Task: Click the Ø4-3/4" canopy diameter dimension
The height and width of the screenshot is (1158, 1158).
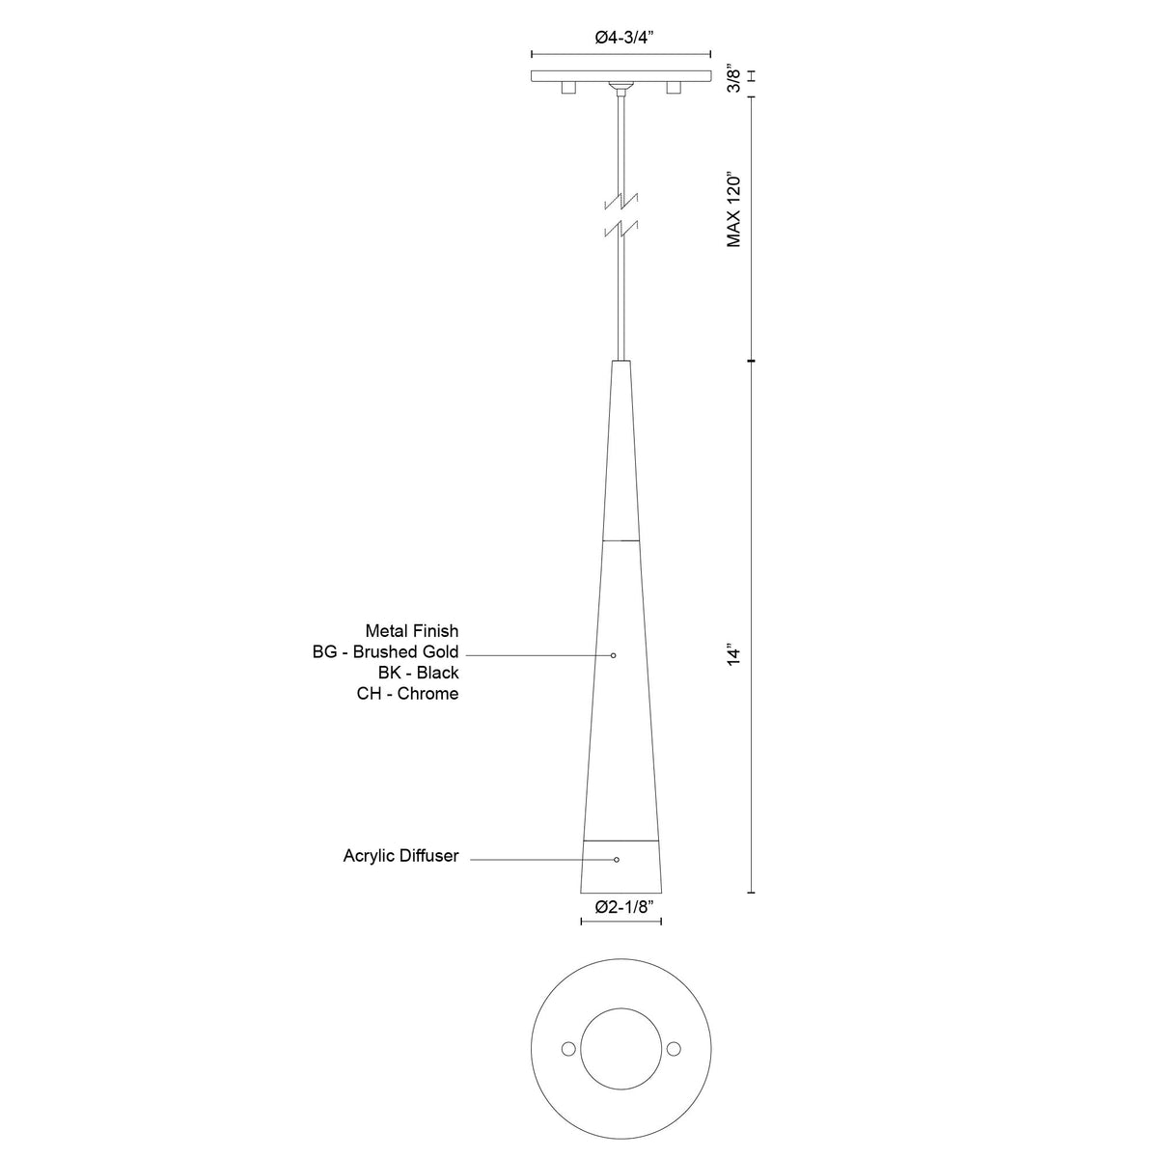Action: click(623, 38)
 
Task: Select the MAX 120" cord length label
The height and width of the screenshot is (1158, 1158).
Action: click(734, 211)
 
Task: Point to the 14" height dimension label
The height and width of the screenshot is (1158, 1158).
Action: click(734, 655)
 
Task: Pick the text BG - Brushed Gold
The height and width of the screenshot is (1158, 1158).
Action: click(385, 651)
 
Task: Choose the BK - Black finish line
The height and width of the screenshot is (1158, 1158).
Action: click(418, 673)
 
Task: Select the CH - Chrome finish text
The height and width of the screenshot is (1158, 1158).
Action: click(407, 694)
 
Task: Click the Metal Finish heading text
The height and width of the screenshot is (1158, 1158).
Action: click(412, 631)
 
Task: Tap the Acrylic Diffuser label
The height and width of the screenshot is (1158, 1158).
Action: click(400, 856)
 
